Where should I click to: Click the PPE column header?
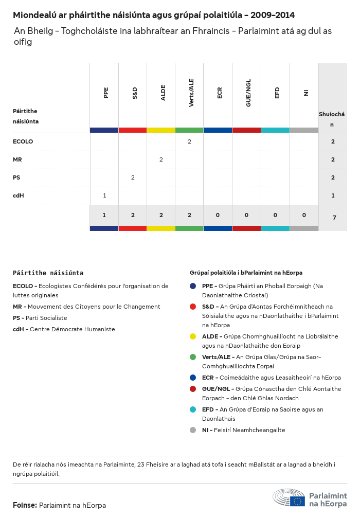tap(106, 93)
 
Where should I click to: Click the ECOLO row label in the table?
tap(23, 141)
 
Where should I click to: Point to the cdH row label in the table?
tap(19, 195)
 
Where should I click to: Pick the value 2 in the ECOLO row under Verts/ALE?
tap(189, 141)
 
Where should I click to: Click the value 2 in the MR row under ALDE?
tap(161, 159)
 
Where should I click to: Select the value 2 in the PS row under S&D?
tap(133, 177)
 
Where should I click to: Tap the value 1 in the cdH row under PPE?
tap(104, 195)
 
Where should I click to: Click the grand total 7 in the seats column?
tap(334, 218)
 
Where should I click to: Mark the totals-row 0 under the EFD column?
tap(275, 215)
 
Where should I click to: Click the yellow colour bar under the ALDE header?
tap(161, 130)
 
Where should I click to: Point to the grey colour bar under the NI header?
tap(304, 130)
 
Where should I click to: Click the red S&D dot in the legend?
tap(193, 307)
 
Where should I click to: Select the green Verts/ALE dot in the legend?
tap(193, 357)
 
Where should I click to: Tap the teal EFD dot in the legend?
tap(193, 409)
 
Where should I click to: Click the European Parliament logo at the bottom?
tap(310, 499)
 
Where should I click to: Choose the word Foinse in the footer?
tap(25, 505)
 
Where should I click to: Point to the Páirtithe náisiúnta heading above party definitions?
tap(48, 273)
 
